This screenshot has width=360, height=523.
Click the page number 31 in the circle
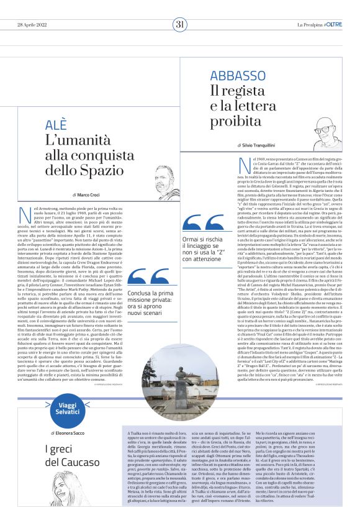click(x=180, y=24)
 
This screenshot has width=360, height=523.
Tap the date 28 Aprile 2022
click(x=33, y=24)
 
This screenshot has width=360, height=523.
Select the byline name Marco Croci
click(x=92, y=194)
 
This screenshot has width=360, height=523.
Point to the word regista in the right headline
click(x=235, y=91)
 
